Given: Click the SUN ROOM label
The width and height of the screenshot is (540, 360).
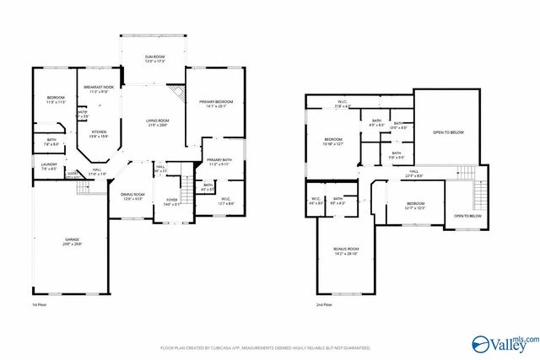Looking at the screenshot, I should [x=153, y=57].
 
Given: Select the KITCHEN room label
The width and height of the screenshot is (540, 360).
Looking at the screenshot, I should [x=99, y=133].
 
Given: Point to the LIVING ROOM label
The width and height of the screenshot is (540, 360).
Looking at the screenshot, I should [x=158, y=122].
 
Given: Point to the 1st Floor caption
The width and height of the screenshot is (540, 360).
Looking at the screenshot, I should [x=40, y=304].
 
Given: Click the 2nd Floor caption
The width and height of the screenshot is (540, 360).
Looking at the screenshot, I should [x=324, y=304].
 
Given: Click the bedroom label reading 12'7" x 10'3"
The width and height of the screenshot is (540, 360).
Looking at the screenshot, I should [x=414, y=206].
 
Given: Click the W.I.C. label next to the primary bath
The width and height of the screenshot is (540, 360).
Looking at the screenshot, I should [x=226, y=201].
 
